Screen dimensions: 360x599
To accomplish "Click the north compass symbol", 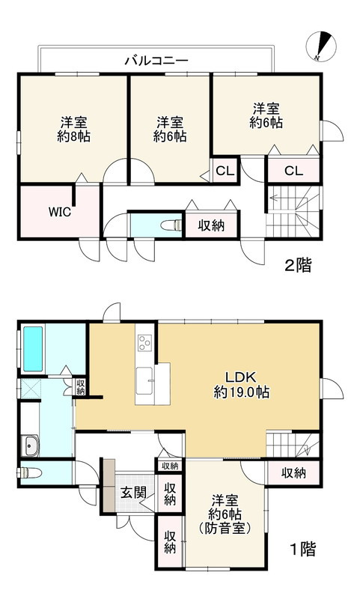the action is (x=320, y=46).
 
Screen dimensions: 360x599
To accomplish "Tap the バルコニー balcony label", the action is (x=156, y=61).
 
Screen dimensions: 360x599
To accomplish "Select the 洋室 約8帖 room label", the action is (x=73, y=130).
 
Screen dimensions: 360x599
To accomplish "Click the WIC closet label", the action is (x=60, y=212).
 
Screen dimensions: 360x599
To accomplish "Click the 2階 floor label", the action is (x=299, y=265).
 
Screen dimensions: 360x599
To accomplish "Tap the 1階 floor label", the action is (x=303, y=550).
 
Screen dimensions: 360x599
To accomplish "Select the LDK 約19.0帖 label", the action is (x=241, y=385).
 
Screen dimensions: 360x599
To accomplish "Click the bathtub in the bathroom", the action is (x=33, y=349).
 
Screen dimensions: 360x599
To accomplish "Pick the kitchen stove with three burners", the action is (x=144, y=343).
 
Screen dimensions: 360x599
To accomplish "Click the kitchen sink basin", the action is (x=144, y=381).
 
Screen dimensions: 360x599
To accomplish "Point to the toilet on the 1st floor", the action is (x=29, y=473).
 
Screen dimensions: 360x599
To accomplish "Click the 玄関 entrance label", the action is (x=133, y=493).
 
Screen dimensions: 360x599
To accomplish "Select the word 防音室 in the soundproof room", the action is (x=225, y=529).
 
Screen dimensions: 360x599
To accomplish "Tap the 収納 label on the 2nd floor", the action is (x=211, y=225).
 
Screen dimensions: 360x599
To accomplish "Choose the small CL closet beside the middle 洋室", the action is (x=225, y=171).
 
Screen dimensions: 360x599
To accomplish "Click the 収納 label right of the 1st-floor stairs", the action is (x=293, y=473).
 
